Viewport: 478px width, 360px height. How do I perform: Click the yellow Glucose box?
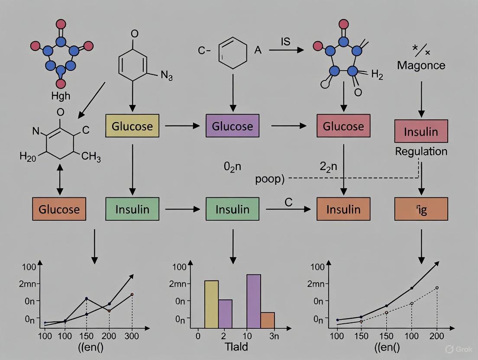click(x=132, y=126)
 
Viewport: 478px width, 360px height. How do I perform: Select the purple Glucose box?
click(x=232, y=126)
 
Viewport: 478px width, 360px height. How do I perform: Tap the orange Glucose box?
click(x=59, y=209)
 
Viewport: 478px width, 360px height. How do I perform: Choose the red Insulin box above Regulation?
click(x=421, y=132)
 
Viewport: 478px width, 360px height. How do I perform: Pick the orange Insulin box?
click(x=343, y=209)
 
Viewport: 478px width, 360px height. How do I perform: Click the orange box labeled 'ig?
click(x=421, y=209)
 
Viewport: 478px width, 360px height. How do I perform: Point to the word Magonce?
click(x=421, y=66)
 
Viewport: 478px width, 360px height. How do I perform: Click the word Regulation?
click(x=421, y=151)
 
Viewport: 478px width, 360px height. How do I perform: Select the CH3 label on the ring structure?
click(x=91, y=157)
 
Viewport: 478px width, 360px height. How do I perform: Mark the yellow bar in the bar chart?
click(x=211, y=304)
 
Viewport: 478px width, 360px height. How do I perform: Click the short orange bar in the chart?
click(x=268, y=320)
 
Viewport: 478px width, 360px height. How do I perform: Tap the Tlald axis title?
click(x=236, y=347)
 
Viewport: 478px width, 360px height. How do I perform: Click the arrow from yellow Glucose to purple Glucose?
click(x=182, y=126)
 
